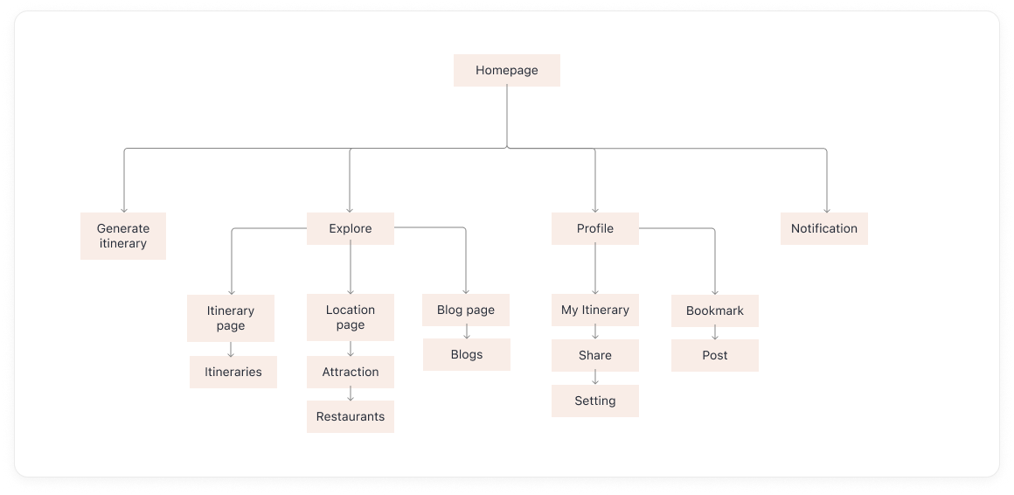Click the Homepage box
(506, 70)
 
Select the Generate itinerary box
(122, 235)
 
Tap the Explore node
(350, 228)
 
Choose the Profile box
(594, 228)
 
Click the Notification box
(823, 228)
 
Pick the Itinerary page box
(231, 317)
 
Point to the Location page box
(350, 317)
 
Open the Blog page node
(465, 310)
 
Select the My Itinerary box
(594, 310)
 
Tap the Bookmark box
(714, 310)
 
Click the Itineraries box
(233, 372)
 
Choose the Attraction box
(350, 372)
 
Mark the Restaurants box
(350, 416)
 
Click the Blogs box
(466, 354)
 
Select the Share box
(594, 355)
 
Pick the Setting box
(594, 401)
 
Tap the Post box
(714, 355)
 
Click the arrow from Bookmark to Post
(714, 333)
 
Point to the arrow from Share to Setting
(594, 378)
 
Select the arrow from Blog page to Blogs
(466, 332)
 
